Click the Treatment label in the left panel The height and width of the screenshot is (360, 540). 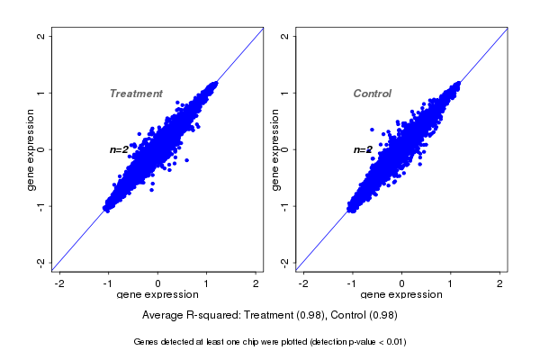[136, 94]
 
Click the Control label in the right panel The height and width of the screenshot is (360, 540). [372, 94]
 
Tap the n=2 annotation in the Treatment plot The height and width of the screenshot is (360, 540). [120, 149]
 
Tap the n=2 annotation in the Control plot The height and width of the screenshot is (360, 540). [363, 149]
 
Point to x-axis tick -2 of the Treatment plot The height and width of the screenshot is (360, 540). [60, 283]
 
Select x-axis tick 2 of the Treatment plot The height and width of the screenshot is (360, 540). [256, 283]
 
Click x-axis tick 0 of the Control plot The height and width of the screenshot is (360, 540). [401, 283]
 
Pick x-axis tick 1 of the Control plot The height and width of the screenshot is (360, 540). [451, 283]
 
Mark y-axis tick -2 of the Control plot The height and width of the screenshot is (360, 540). [284, 262]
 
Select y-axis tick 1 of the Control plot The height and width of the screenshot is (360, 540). [284, 93]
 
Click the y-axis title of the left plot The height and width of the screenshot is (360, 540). [31, 149]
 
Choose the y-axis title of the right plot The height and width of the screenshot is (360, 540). [274, 149]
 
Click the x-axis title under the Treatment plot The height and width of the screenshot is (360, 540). [158, 295]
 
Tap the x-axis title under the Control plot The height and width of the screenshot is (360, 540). [401, 295]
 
